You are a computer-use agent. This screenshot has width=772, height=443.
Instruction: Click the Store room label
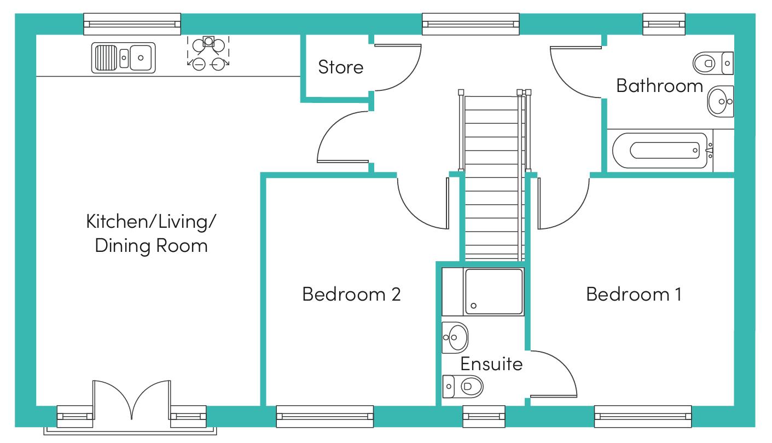[x=340, y=67]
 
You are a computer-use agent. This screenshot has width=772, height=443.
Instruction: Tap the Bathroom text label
[x=659, y=86]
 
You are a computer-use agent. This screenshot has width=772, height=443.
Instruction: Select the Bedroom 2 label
[x=351, y=295]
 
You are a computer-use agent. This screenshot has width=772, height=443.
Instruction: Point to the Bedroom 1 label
[x=634, y=295]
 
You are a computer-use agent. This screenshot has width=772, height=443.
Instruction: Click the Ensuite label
[x=491, y=364]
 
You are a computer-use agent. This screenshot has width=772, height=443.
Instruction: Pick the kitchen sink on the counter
[x=123, y=57]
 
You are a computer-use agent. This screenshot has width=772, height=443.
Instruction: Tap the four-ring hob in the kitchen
[x=208, y=53]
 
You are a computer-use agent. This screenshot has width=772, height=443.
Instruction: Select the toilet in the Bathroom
[x=711, y=63]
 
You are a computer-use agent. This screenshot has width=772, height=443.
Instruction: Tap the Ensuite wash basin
[x=455, y=337]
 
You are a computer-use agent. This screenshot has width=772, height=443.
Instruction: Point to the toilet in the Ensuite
[x=464, y=387]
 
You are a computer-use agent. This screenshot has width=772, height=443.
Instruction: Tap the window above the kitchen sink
[x=132, y=24]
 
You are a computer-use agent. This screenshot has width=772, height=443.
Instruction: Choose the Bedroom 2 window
[x=324, y=416]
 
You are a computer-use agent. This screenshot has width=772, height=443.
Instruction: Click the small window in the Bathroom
[x=664, y=24]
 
